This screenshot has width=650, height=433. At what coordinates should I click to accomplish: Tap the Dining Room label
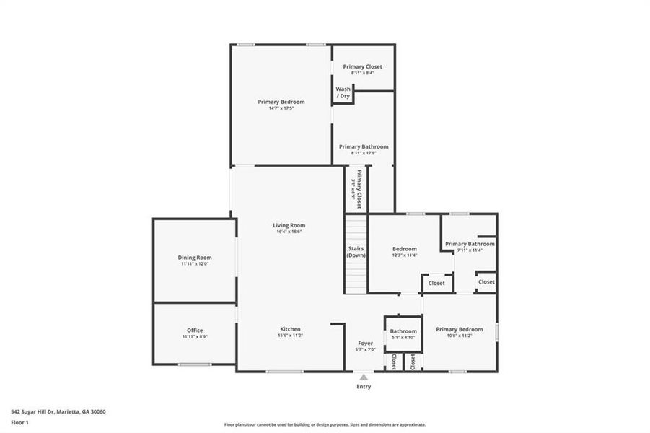(195, 258)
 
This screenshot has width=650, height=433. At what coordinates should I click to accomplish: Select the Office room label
(195, 331)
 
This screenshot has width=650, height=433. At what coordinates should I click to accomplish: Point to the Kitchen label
(289, 329)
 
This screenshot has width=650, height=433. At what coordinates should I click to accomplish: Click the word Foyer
(366, 344)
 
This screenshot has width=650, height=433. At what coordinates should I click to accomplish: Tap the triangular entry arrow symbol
(364, 376)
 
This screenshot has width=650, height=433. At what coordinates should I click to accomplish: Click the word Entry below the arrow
(364, 387)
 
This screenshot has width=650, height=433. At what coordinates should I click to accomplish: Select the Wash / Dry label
(343, 92)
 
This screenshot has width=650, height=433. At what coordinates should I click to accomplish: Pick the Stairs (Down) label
(355, 252)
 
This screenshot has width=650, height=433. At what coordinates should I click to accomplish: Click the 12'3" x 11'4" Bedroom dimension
(405, 255)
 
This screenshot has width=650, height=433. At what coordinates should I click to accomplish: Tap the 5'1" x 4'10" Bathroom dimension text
(403, 337)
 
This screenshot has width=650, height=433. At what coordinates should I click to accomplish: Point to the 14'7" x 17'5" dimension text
(281, 108)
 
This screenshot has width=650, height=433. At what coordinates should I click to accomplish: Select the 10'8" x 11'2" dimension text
(460, 335)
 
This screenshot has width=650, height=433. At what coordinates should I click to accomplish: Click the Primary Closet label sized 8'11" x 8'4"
(362, 66)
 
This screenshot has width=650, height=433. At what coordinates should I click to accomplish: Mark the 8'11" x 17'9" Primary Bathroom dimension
(364, 152)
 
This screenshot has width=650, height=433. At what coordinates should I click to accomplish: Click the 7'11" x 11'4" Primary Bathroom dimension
(470, 250)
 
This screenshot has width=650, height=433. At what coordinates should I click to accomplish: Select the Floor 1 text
(20, 423)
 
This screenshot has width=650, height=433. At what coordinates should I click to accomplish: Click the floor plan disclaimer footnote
(325, 424)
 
